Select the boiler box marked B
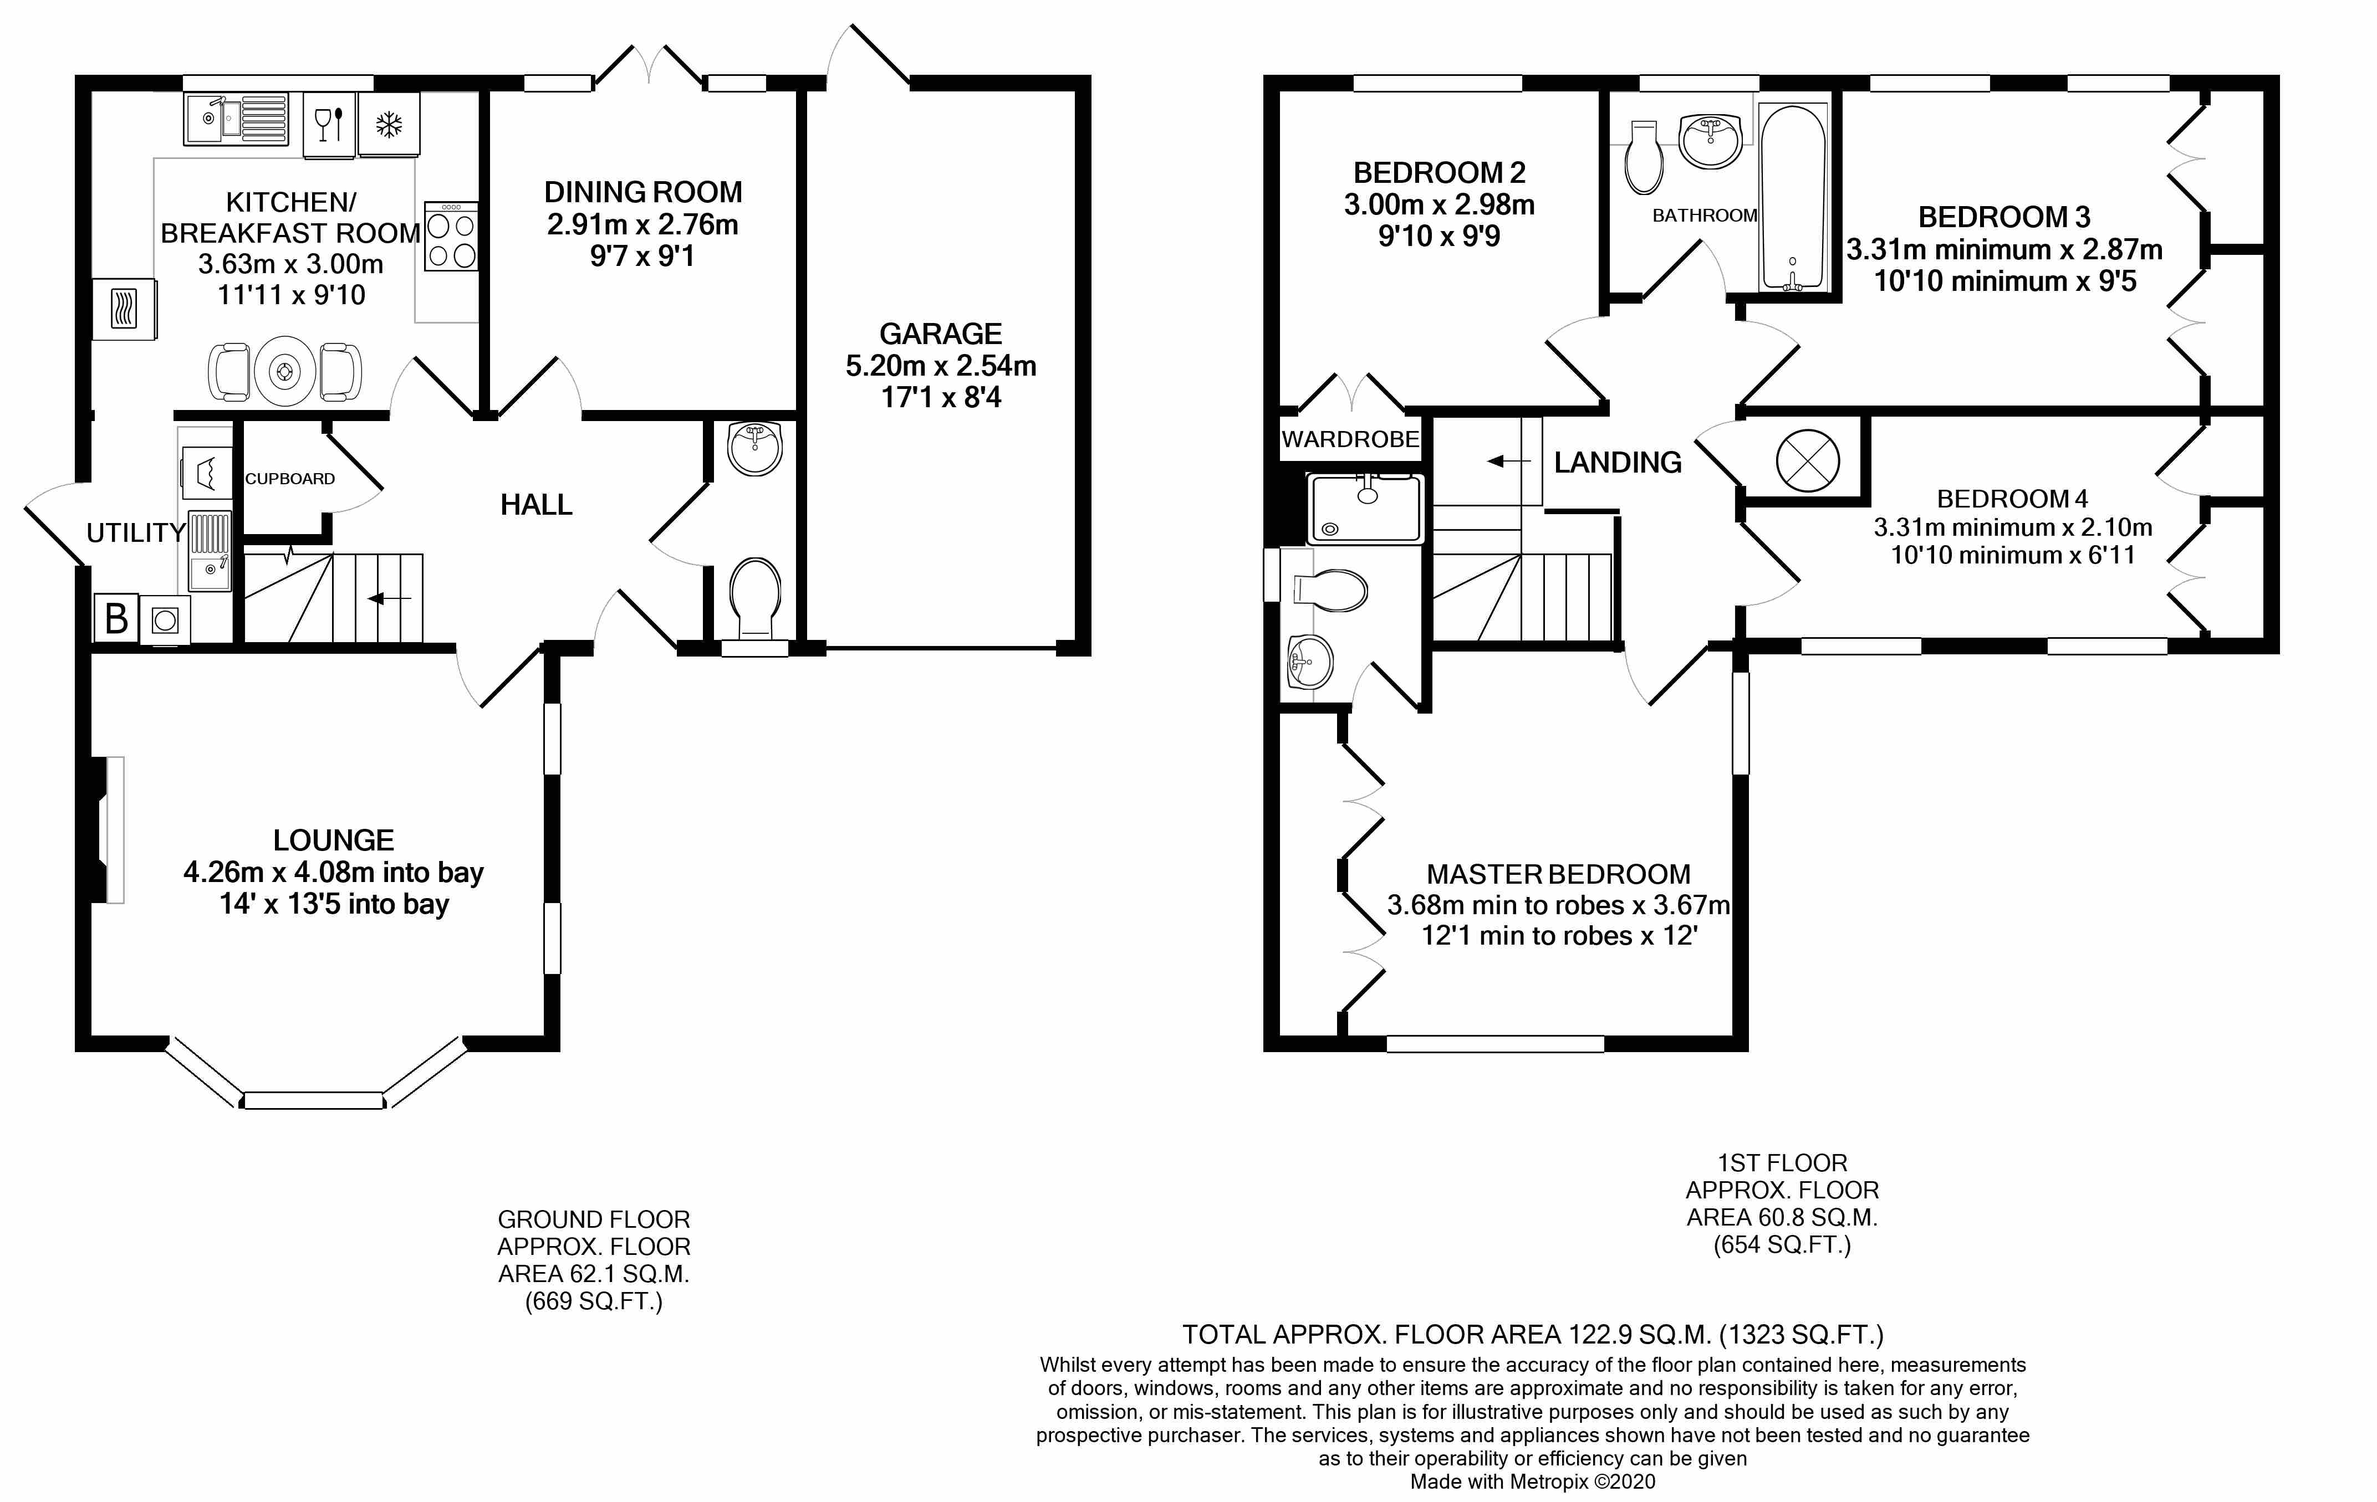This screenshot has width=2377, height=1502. (115, 619)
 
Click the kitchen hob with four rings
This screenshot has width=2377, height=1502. (451, 237)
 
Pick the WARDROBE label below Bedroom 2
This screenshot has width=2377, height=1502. (1349, 439)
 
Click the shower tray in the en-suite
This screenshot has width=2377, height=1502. (1365, 508)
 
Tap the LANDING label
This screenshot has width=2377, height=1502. (1617, 462)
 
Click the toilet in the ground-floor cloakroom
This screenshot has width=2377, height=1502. (755, 598)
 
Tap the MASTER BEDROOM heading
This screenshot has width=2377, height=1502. (1558, 874)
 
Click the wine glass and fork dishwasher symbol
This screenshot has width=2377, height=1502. (329, 125)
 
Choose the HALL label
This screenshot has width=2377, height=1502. (536, 505)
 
